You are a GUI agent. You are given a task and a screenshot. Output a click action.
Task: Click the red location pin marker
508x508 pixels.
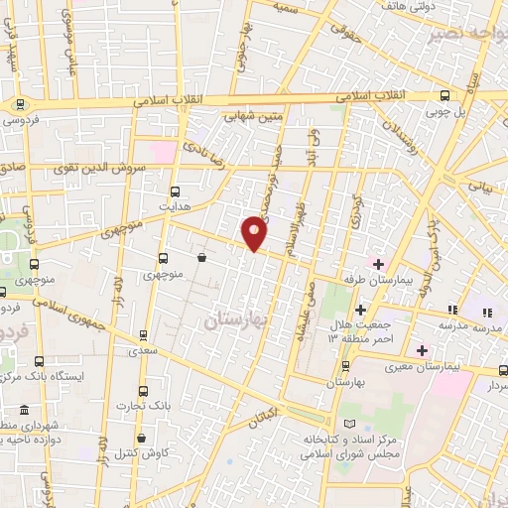click(x=255, y=232)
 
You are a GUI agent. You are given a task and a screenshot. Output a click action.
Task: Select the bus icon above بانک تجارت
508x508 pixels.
click(x=143, y=390)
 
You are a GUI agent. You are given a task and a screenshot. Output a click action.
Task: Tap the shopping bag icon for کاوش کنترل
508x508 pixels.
click(x=142, y=438)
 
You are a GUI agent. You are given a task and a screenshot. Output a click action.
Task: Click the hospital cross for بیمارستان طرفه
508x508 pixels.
click(x=377, y=262)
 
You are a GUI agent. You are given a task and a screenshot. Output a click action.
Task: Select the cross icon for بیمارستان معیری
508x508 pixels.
click(x=422, y=350)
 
